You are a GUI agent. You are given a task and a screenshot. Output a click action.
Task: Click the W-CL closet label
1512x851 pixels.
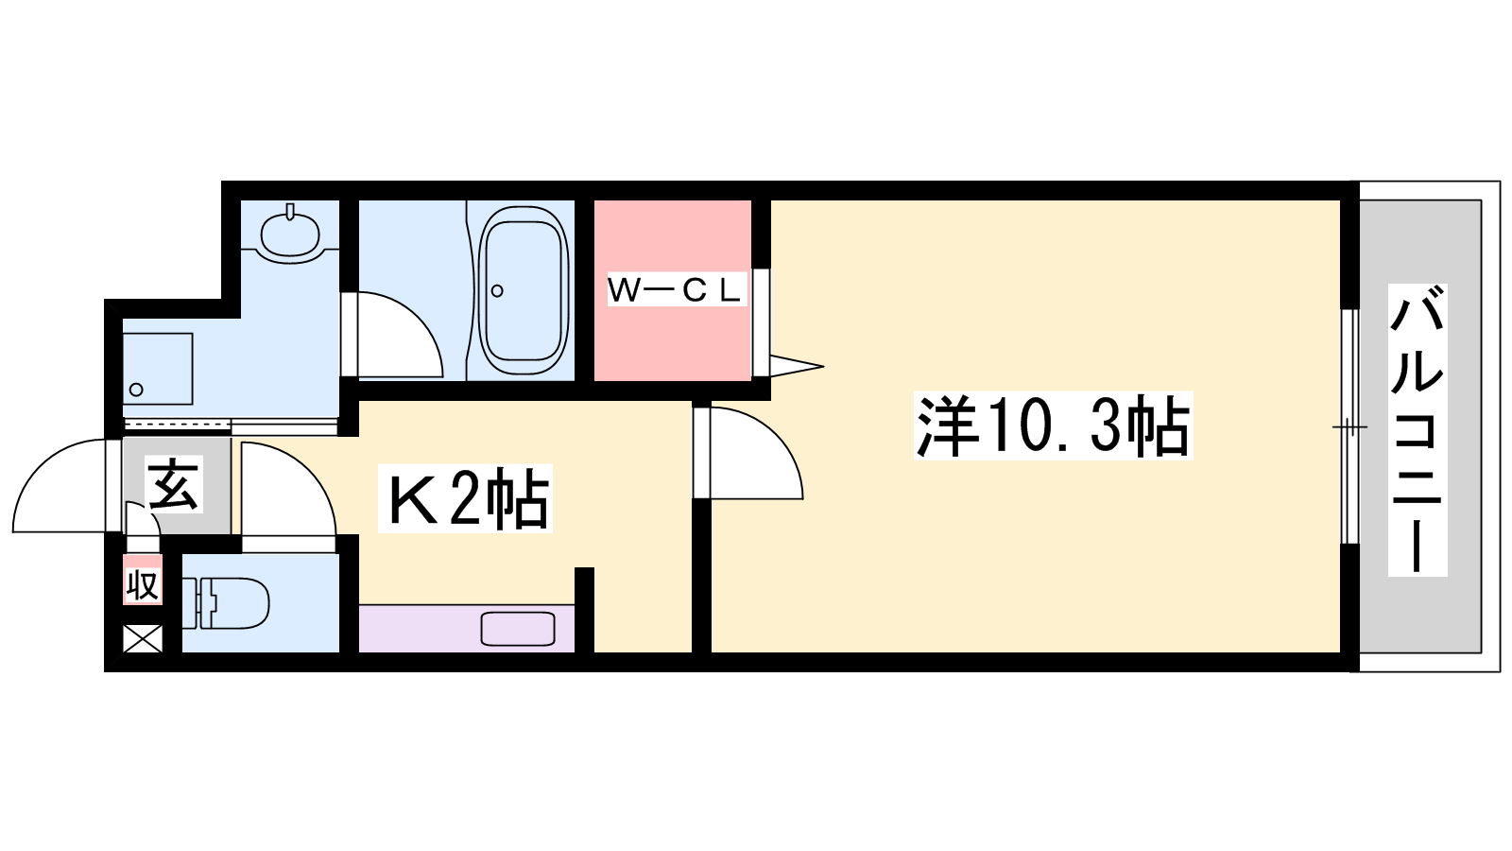[676, 290]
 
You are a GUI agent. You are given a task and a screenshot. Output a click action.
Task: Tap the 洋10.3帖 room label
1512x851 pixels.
[1053, 426]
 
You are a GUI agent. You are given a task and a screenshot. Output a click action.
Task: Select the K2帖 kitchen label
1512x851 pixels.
[465, 498]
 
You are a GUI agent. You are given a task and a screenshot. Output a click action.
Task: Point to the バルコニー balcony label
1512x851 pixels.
[1417, 430]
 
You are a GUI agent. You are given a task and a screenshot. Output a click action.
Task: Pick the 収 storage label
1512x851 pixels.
[143, 584]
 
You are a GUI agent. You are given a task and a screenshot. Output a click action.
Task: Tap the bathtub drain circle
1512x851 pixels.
[497, 291]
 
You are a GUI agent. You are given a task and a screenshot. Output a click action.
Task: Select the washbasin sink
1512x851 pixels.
[290, 234]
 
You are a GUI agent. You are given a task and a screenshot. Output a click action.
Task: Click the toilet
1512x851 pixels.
[226, 602]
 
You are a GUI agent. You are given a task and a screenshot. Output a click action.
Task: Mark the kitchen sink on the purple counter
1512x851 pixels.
[518, 629]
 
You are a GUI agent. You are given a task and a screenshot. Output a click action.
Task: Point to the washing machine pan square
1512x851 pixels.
[157, 369]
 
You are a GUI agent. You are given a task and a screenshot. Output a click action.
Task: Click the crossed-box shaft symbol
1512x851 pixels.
[143, 639]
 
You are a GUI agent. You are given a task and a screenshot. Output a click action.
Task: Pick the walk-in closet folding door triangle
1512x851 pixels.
[797, 367]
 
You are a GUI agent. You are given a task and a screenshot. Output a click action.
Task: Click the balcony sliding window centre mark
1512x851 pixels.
[1349, 426]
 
